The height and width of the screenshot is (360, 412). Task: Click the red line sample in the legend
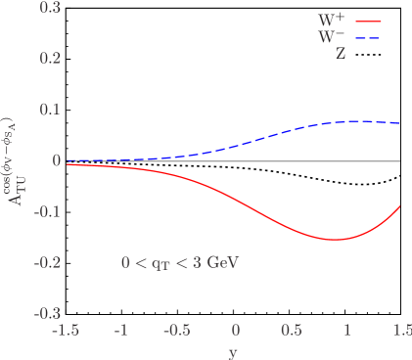tap(367, 21)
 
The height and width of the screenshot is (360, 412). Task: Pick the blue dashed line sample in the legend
tap(367, 37)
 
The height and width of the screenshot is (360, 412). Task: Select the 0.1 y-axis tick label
tap(50, 110)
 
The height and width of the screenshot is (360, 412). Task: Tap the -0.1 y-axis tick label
tap(48, 211)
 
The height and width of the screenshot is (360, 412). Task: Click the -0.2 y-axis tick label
tap(48, 262)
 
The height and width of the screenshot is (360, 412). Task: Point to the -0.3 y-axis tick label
tap(48, 314)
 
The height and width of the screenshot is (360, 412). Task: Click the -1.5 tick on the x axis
tap(66, 331)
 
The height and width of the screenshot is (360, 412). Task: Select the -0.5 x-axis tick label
tap(177, 331)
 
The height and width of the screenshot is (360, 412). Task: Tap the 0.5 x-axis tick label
tap(291, 331)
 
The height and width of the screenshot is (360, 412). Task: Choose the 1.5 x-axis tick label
tap(400, 331)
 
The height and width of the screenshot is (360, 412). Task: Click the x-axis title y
tap(233, 350)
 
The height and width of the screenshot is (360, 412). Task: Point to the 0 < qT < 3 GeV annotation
tap(180, 263)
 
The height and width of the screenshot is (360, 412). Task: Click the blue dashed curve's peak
tap(354, 121)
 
